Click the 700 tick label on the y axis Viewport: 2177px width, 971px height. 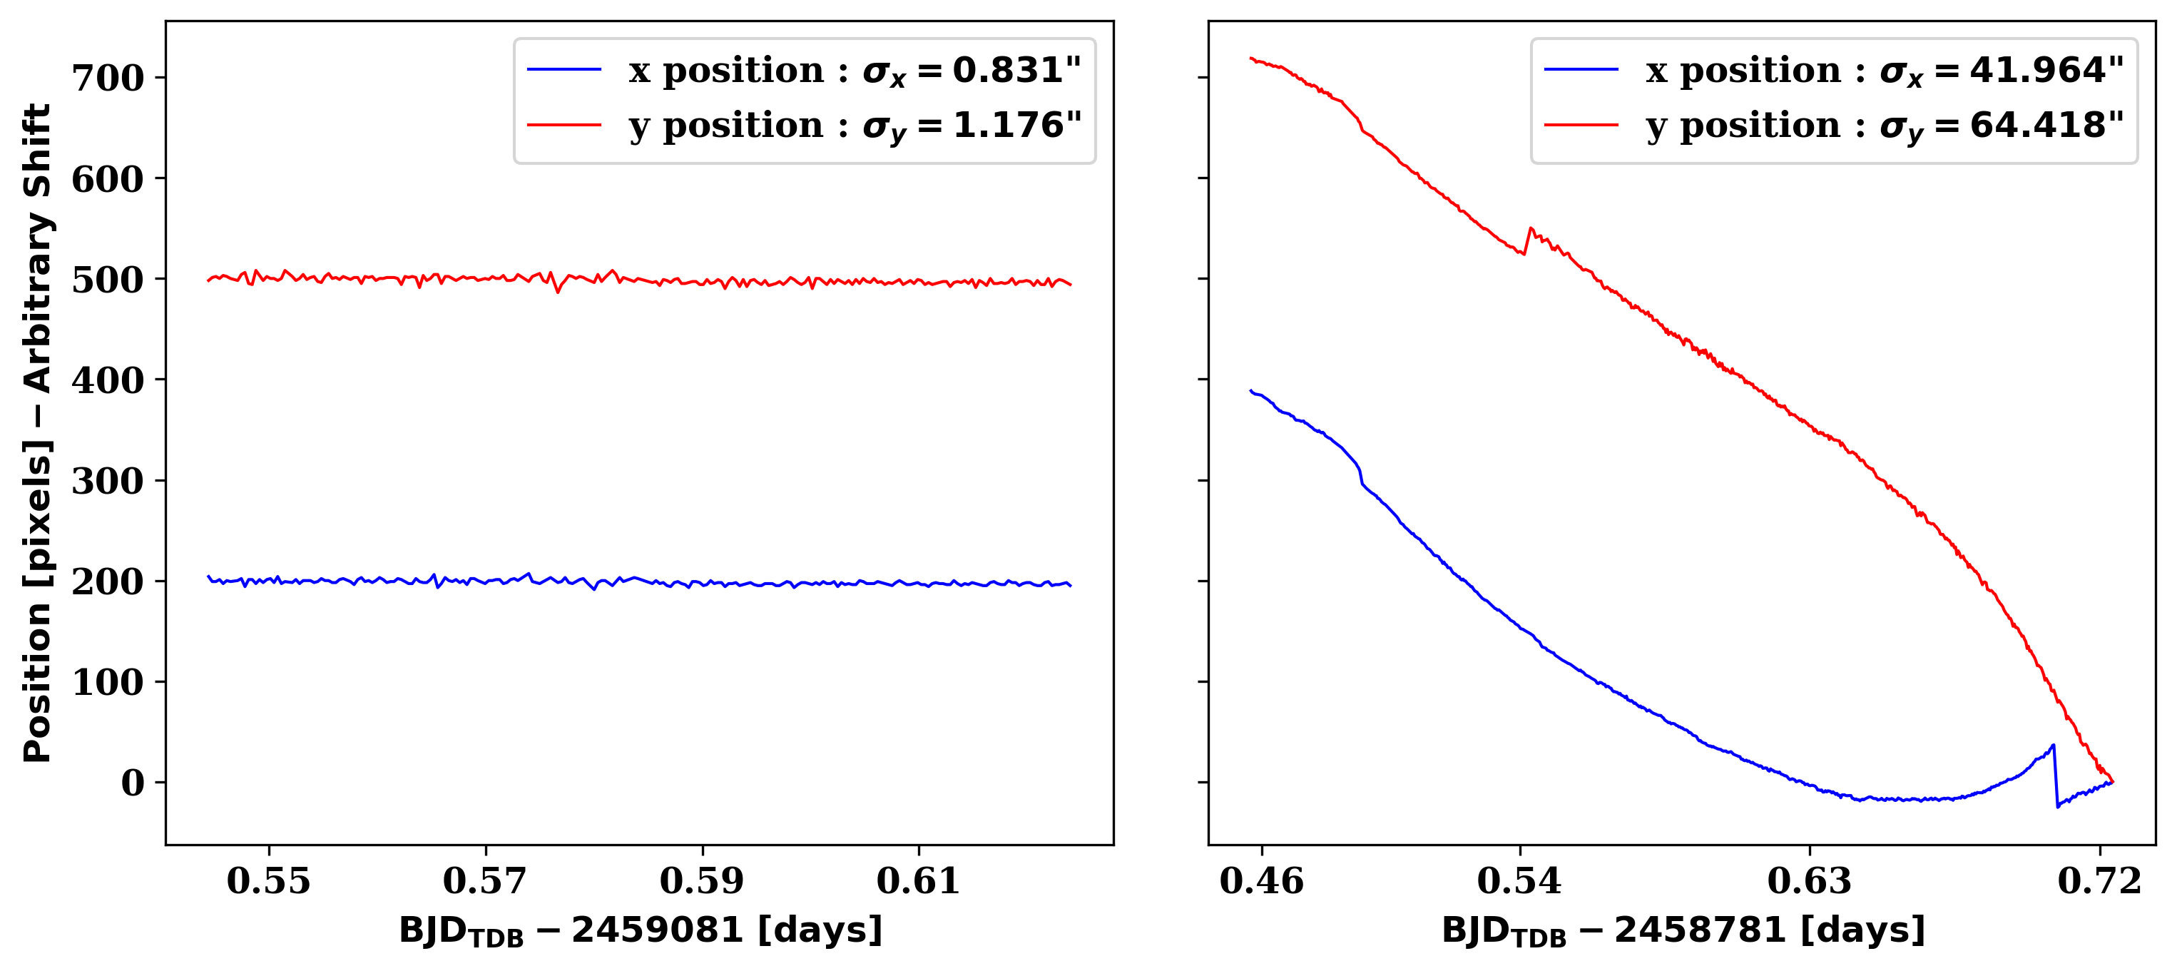pos(108,78)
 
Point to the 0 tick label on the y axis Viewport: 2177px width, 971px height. pos(133,783)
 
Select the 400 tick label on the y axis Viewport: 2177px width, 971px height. pos(108,380)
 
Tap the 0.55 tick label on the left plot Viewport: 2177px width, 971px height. pos(269,881)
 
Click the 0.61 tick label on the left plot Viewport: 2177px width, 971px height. pos(919,881)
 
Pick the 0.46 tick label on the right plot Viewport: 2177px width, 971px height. pos(1262,881)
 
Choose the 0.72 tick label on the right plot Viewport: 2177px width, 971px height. pos(2099,881)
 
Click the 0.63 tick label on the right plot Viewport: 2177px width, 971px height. pos(1810,881)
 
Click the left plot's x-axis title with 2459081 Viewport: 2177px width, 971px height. pos(641,931)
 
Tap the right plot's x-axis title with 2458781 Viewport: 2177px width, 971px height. pos(1683,931)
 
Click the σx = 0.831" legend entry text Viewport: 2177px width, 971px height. pos(855,71)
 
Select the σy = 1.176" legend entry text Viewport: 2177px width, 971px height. pos(855,126)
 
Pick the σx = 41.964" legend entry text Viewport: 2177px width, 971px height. pos(1885,71)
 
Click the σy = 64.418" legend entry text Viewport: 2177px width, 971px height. pos(1885,126)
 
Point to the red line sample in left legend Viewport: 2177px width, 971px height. pos(564,125)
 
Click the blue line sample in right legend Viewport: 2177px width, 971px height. pos(1581,69)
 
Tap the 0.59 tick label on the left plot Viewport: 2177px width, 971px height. pos(703,881)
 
